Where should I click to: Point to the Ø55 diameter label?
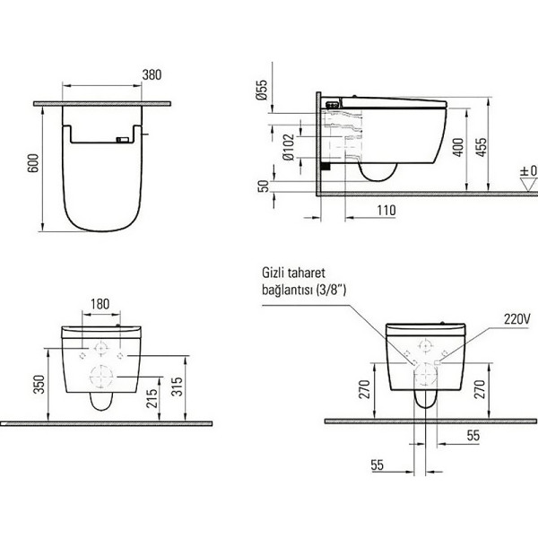coord(262,91)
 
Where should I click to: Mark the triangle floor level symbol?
coord(526,184)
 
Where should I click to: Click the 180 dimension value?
coord(100,304)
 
